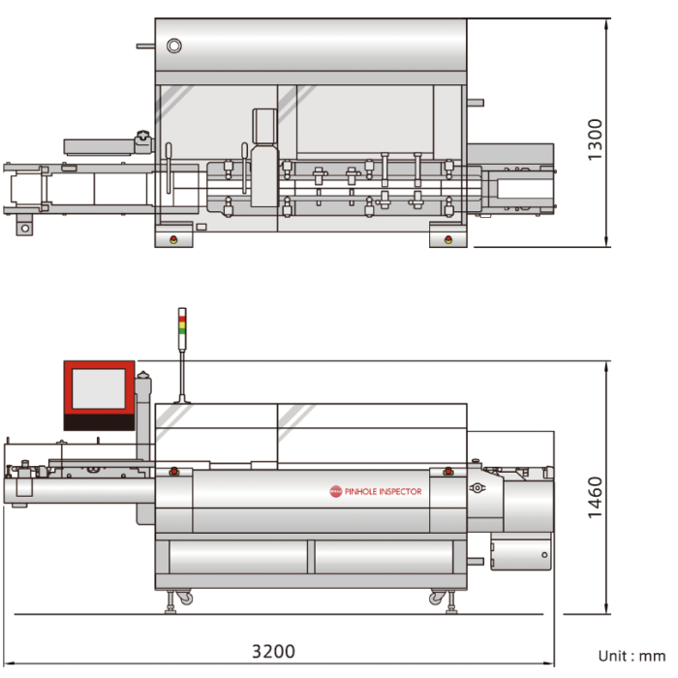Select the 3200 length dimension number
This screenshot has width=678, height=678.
pos(273,651)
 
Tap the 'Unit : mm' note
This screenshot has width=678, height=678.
pos(631,656)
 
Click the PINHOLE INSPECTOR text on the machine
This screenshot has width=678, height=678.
pos(383,491)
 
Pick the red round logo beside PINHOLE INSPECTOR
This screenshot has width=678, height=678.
pos(336,491)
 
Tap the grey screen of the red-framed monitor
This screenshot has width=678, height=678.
pos(98,388)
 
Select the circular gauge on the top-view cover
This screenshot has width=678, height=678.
pos(173,46)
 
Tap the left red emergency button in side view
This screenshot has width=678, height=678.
pos(173,472)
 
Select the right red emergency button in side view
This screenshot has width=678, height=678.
pos(447,472)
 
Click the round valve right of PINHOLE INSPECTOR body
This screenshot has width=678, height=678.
pos(477,489)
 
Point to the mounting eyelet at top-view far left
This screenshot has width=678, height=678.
pos(22,228)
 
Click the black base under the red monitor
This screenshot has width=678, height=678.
pos(98,421)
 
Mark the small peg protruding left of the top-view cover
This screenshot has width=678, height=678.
pos(144,45)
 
